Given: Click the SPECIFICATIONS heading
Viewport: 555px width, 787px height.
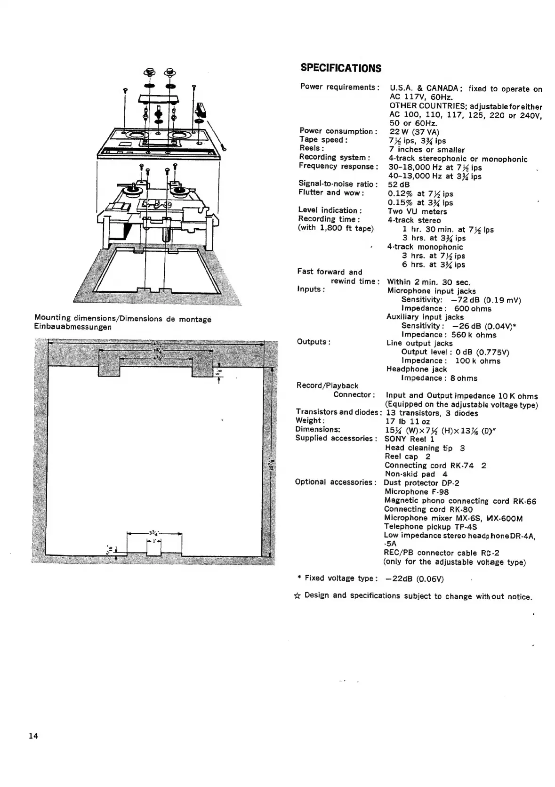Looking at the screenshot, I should click(x=341, y=68).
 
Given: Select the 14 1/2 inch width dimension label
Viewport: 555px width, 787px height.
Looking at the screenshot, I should click(x=157, y=343).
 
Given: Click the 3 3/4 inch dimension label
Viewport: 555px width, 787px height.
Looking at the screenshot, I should click(x=153, y=533).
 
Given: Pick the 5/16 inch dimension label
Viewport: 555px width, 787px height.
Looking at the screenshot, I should click(x=109, y=549).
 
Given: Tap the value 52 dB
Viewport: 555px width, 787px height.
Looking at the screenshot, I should click(x=399, y=185).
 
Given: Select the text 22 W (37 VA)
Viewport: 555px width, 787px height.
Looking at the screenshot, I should click(x=414, y=132).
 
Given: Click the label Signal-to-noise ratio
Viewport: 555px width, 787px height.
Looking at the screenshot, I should click(x=338, y=184).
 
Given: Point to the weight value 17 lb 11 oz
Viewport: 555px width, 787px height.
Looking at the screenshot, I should click(x=407, y=422).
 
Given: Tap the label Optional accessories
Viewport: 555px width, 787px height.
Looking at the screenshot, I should click(x=335, y=482).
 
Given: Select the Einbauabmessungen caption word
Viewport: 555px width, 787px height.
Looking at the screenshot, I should click(x=73, y=327).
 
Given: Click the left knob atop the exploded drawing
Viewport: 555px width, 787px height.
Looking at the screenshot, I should click(x=149, y=73).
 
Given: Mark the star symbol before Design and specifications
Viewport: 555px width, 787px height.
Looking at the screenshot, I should click(x=297, y=596).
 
